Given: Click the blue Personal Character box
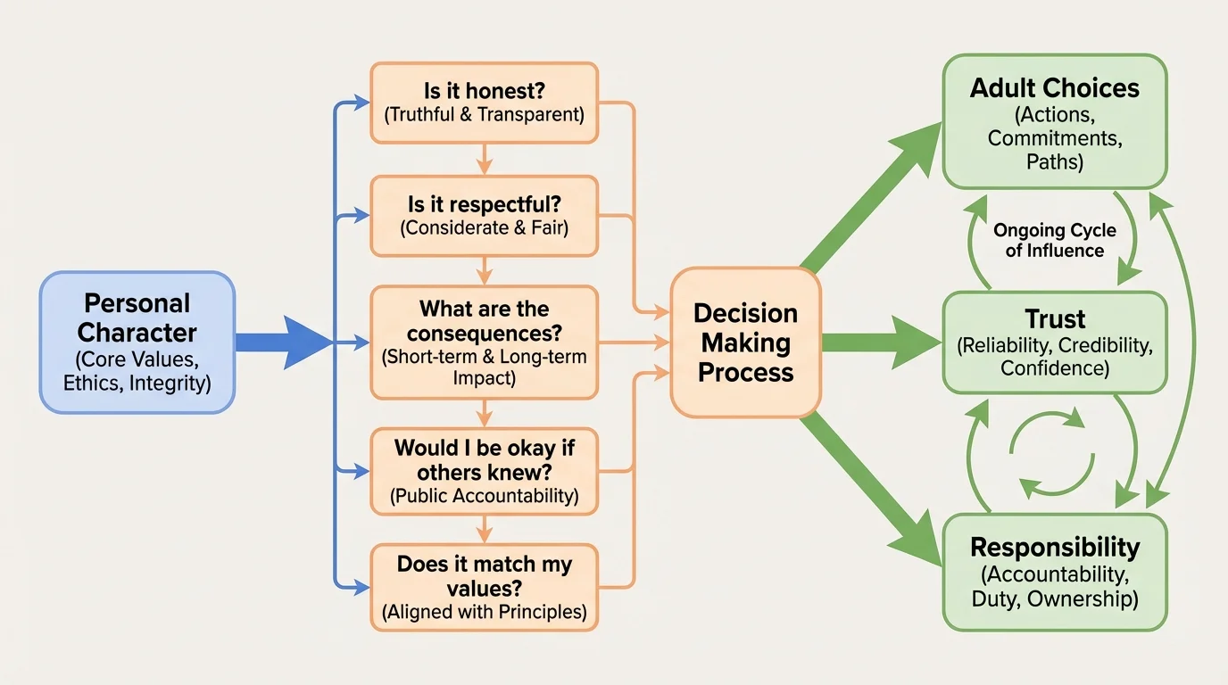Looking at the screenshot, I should click(137, 342).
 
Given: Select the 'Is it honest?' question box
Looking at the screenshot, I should click(484, 103).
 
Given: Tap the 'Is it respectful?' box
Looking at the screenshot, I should click(484, 215).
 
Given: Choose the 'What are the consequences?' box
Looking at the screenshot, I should click(484, 342).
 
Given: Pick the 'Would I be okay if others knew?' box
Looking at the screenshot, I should click(484, 471).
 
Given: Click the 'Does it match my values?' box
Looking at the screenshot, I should click(484, 588).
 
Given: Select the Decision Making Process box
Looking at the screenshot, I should click(745, 342).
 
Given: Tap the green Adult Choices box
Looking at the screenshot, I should click(1054, 122).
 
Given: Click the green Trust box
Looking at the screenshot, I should click(1054, 342).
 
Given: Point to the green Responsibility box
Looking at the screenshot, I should click(1054, 572).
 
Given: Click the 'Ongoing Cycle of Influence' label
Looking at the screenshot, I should click(1054, 240).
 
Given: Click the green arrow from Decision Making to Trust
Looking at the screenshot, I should click(879, 342).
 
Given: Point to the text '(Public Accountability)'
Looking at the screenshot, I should click(484, 496).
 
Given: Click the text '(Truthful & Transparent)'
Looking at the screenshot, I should click(484, 114).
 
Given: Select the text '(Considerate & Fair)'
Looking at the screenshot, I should click(484, 227).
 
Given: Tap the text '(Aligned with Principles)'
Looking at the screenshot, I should click(484, 612).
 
